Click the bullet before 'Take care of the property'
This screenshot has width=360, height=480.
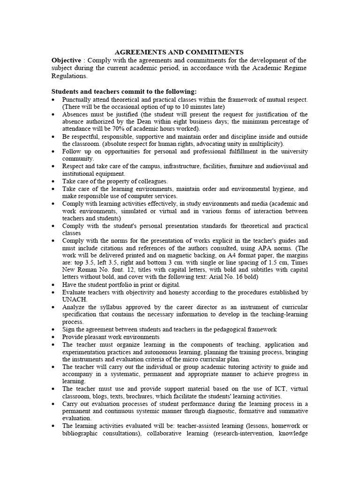(55, 181)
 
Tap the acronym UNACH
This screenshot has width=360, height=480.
(74, 299)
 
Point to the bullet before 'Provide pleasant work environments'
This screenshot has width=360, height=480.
(55, 337)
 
